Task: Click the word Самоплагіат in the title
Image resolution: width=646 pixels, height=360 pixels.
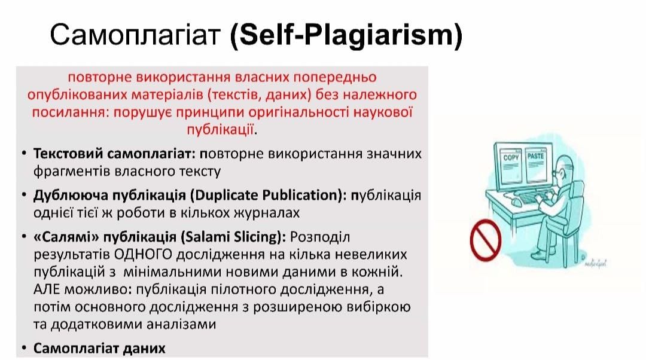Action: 135,34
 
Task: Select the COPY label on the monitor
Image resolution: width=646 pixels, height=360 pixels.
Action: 511,157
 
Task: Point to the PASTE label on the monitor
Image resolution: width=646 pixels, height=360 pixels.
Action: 535,156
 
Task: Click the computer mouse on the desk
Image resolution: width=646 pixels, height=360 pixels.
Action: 516,202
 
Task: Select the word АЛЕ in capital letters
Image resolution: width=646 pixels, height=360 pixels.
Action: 47,289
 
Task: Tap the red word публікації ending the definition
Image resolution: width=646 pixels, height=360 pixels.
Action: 220,130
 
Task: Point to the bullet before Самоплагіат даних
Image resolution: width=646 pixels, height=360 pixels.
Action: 25,348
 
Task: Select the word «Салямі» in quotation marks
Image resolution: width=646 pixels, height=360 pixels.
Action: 66,237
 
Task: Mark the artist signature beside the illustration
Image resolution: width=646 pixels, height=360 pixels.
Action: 595,263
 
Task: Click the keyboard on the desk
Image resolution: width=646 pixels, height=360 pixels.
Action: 532,199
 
